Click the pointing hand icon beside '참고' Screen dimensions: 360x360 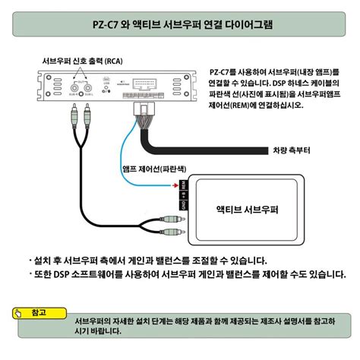click(21, 312)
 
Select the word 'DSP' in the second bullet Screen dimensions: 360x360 click(62, 274)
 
